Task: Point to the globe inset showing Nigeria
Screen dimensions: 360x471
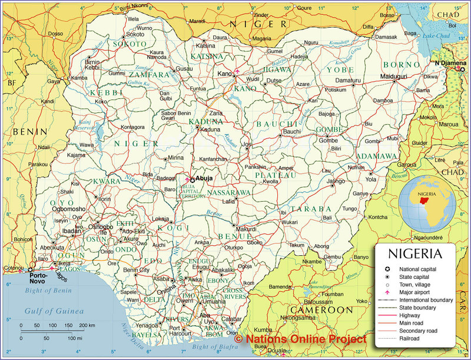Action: click(427, 202)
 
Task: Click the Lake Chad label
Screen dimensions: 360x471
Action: click(436, 36)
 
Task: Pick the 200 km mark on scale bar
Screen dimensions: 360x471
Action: click(87, 325)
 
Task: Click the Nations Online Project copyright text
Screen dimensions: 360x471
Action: click(300, 339)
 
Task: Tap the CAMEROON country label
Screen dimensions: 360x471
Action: click(321, 309)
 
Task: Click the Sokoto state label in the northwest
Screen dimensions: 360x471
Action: click(129, 44)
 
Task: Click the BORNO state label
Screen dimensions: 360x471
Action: click(402, 65)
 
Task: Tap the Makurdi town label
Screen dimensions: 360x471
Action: click(247, 229)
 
